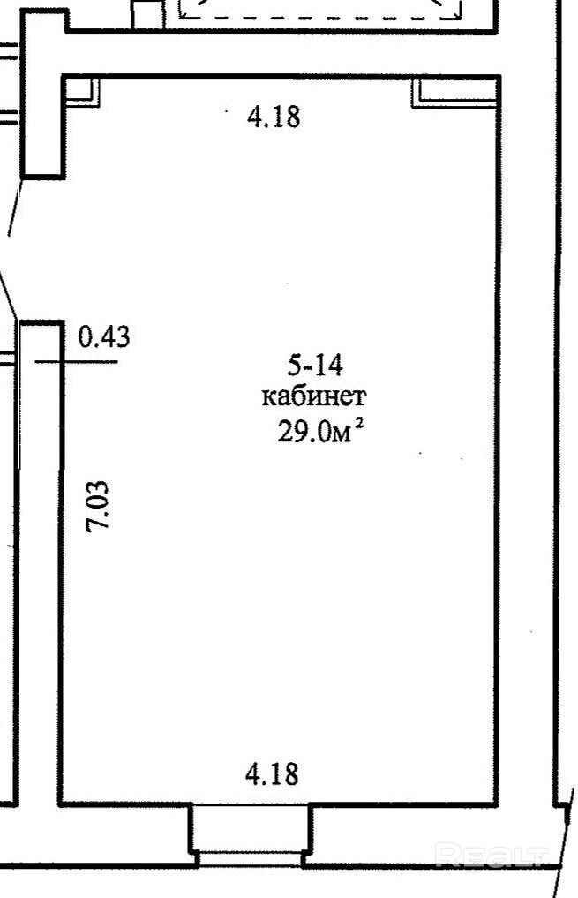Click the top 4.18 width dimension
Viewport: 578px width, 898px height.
[x=274, y=117]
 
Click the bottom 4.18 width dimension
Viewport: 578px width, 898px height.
[x=273, y=773]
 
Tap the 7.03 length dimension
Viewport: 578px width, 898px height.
[x=97, y=506]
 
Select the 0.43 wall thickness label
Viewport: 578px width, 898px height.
[x=104, y=336]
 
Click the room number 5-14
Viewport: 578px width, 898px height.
[x=315, y=365]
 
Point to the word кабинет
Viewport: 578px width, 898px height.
[x=314, y=396]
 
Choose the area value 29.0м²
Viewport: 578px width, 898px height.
[x=320, y=431]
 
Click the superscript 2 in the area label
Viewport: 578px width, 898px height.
[x=359, y=425]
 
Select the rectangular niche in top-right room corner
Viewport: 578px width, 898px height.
[x=455, y=92]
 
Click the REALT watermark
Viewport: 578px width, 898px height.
[x=491, y=856]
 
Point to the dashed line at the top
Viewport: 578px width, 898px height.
[x=320, y=17]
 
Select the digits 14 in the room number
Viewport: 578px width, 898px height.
[x=329, y=365]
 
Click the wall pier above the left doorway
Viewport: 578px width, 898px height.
[x=43, y=94]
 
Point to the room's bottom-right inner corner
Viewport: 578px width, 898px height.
[x=496, y=803]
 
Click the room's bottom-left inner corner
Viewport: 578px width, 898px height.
[x=63, y=803]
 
